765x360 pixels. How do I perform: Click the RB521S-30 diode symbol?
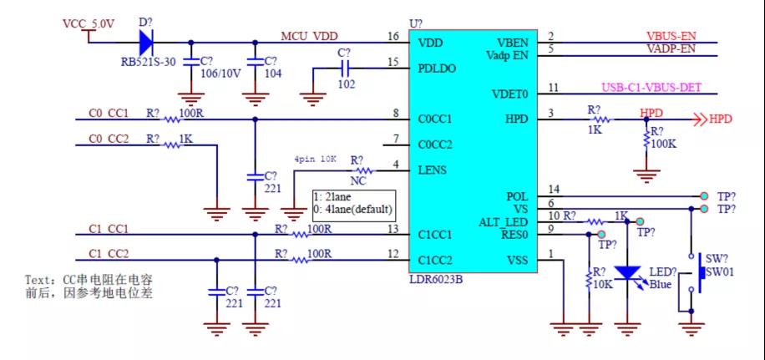[x=146, y=41]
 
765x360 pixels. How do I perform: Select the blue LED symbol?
[x=626, y=274]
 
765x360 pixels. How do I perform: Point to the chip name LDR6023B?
[x=435, y=278]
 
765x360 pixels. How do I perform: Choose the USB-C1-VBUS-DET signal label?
[x=659, y=87]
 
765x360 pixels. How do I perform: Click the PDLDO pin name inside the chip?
[x=437, y=68]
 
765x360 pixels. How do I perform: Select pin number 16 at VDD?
[x=393, y=36]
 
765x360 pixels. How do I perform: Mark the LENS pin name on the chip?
[x=432, y=170]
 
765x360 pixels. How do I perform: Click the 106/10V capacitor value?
[x=220, y=74]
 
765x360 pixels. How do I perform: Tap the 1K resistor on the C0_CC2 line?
[x=173, y=145]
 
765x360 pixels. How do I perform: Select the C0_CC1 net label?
[x=109, y=113]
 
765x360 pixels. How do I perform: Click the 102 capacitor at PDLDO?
[x=343, y=68]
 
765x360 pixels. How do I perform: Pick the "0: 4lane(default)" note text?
[x=354, y=208]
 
